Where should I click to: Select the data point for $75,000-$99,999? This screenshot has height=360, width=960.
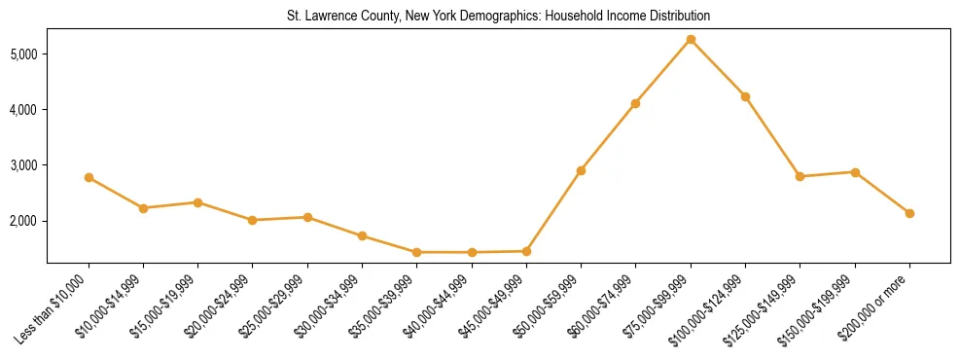(691, 39)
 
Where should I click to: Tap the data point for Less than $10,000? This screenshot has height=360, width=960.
(89, 177)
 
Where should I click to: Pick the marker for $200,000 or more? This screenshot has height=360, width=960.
(909, 213)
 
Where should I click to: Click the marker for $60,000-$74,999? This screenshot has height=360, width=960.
(635, 103)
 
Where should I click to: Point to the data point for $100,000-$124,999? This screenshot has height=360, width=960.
(745, 96)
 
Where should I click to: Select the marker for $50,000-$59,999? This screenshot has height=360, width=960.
(581, 170)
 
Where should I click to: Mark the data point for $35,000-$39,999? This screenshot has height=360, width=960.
(416, 252)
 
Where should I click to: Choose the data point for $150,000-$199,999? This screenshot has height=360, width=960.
(855, 172)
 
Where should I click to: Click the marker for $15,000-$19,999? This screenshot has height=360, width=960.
(197, 202)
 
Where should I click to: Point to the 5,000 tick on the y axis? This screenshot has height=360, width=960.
(24, 54)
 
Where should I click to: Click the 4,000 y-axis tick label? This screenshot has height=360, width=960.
(24, 110)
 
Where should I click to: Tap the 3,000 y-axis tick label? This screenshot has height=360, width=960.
(24, 165)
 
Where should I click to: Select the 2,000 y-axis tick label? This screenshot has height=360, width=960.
(24, 222)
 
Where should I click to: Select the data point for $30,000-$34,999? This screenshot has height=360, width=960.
(362, 235)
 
